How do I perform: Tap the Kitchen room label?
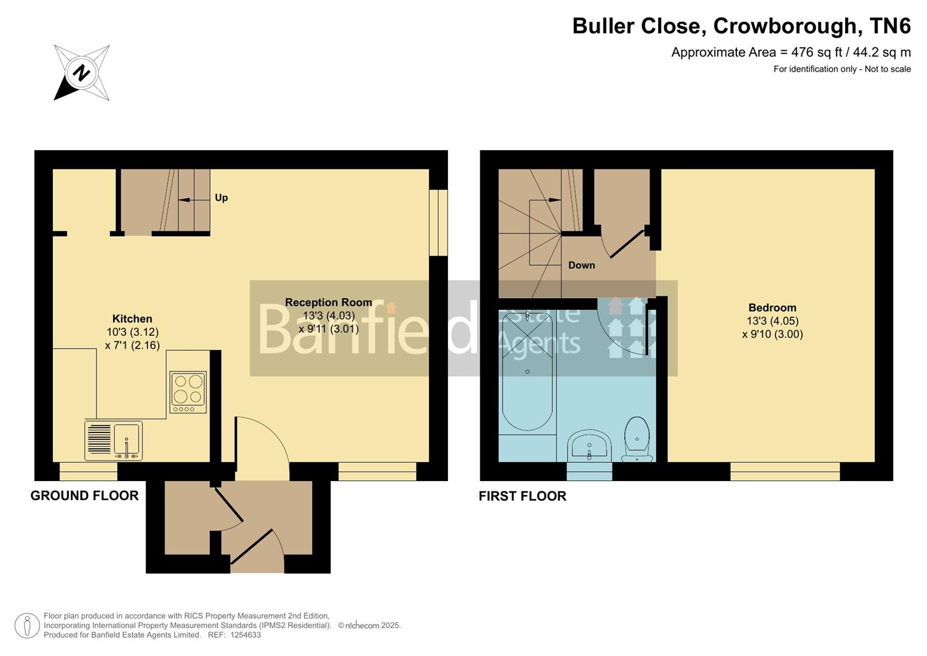tap(132, 319)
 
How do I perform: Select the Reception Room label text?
tap(328, 302)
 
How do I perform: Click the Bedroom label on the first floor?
tap(772, 308)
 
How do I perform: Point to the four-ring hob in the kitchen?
tap(188, 392)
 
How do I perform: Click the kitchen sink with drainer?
tap(114, 440)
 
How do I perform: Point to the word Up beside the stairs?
tap(221, 198)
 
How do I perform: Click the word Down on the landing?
tap(581, 265)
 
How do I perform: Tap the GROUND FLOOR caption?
tap(84, 496)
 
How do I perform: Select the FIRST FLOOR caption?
tap(522, 496)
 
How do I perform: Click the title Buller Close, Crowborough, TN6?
tap(741, 26)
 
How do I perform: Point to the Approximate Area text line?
tap(790, 52)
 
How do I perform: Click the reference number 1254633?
tap(243, 635)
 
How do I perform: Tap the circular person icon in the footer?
tap(27, 626)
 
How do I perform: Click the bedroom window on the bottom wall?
tap(784, 471)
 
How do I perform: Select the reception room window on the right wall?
tap(438, 223)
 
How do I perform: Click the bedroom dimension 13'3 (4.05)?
tap(772, 321)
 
